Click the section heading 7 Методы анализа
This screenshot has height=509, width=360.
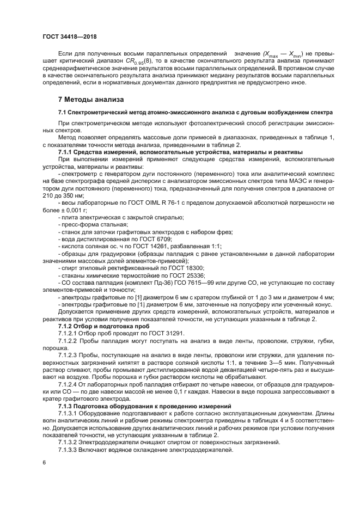pos(90,100)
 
